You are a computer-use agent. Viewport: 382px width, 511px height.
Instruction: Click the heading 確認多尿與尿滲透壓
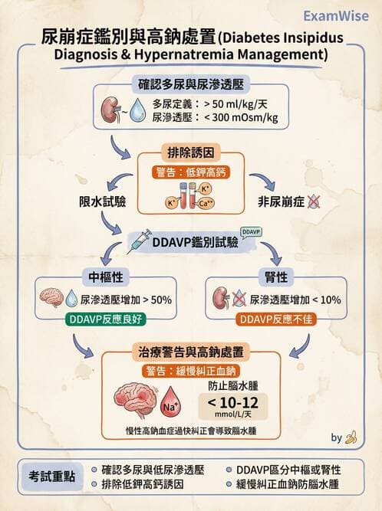pyautogui.click(x=192, y=84)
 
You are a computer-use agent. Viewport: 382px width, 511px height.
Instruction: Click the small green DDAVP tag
pyautogui.click(x=251, y=231)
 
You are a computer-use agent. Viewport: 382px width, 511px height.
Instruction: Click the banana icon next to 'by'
pyautogui.click(x=351, y=437)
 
